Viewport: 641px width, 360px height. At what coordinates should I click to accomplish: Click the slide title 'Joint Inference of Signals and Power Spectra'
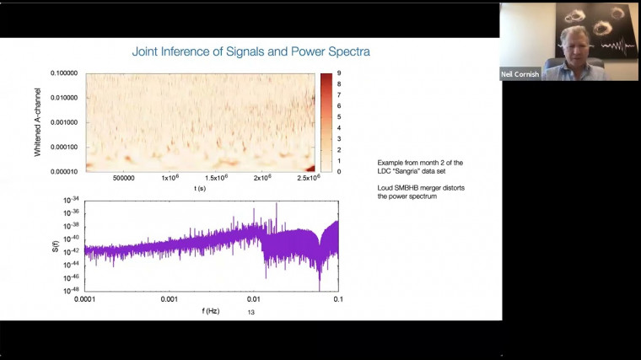click(250, 51)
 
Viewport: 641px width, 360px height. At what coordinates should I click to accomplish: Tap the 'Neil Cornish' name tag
click(520, 74)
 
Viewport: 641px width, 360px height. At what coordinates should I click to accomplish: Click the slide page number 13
click(250, 312)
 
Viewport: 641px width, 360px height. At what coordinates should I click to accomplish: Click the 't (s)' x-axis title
click(202, 188)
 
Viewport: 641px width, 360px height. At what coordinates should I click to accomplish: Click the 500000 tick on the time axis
click(125, 178)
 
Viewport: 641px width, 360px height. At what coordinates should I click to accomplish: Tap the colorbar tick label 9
click(338, 73)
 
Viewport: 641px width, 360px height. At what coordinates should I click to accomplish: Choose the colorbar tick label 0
click(338, 171)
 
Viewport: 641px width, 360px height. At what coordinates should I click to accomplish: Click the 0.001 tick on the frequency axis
click(170, 299)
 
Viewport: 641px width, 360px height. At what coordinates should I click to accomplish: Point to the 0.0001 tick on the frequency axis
click(86, 299)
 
